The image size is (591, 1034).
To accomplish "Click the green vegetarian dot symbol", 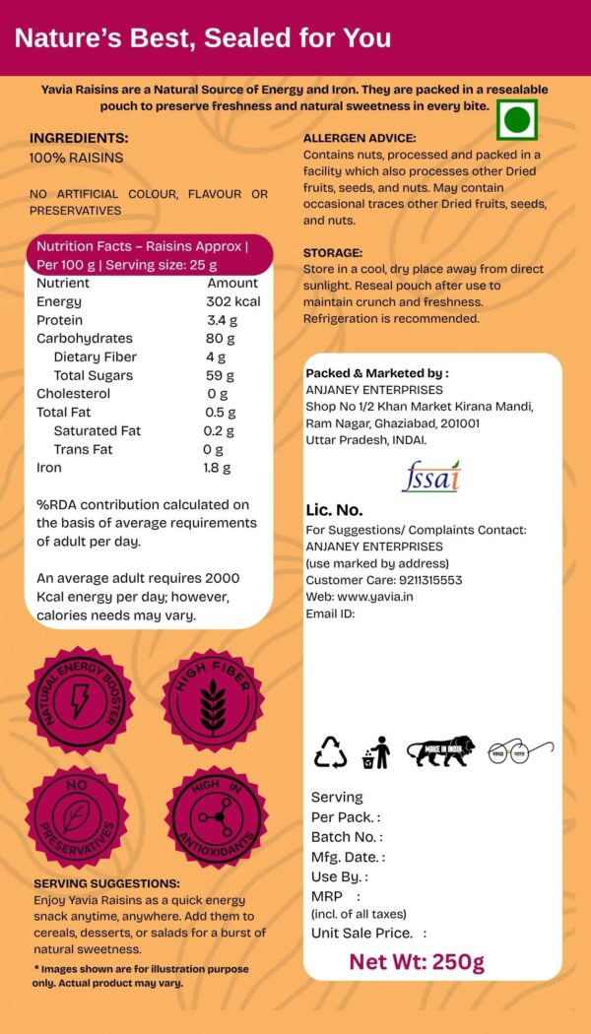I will tap(516, 120).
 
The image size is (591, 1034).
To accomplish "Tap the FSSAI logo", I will tap(430, 477).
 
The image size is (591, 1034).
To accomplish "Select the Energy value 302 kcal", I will tap(233, 301).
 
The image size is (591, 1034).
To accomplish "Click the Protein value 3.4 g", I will tap(223, 320).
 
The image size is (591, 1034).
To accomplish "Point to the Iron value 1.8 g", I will tap(217, 468).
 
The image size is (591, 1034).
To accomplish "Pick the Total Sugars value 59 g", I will tap(220, 375).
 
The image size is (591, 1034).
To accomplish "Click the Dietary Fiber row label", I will tap(96, 356).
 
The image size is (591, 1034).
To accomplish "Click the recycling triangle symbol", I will tap(331, 752).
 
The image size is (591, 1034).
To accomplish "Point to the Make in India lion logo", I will tap(440, 751).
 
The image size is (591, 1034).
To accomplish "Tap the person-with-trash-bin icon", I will tap(376, 752).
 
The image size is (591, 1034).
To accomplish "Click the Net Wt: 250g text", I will tap(417, 961).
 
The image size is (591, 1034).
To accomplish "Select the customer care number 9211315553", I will tap(427, 580).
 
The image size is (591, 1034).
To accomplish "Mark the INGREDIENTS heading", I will tap(79, 139).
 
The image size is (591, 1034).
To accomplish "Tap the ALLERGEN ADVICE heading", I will tap(360, 139).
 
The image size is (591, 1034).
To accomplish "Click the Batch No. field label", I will tap(345, 837).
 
